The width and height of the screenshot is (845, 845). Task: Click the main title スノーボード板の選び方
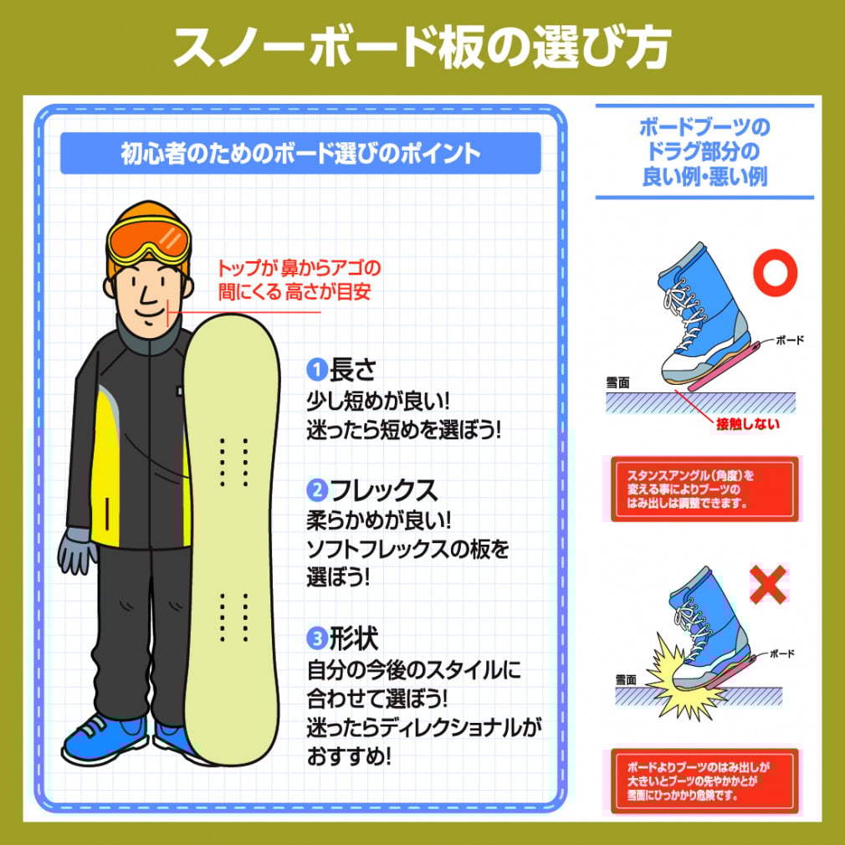(x=422, y=47)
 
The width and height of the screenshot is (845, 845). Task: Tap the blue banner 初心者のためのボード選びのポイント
(x=300, y=154)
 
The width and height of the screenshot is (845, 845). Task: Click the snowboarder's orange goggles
(x=149, y=242)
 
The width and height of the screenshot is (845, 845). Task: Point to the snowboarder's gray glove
(x=76, y=550)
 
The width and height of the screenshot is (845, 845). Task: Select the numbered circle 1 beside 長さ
(x=317, y=370)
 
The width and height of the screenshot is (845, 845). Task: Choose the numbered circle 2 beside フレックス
(x=317, y=490)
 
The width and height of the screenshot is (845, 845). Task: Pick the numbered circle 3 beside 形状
(x=317, y=638)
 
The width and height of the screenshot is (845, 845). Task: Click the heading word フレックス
(x=383, y=490)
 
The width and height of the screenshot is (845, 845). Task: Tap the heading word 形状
(x=354, y=638)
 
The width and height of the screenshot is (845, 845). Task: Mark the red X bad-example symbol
(x=768, y=584)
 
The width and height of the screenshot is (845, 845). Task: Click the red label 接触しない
(x=747, y=424)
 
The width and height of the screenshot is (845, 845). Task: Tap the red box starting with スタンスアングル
(x=704, y=489)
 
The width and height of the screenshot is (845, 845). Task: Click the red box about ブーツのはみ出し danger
(x=704, y=781)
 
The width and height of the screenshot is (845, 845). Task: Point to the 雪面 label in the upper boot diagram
(x=617, y=382)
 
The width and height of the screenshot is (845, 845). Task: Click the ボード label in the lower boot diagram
(x=782, y=653)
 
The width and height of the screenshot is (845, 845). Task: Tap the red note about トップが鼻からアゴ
(x=299, y=279)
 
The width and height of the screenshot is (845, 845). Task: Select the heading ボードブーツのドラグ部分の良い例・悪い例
(x=704, y=152)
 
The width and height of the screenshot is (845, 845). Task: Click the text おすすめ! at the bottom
(x=349, y=756)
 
